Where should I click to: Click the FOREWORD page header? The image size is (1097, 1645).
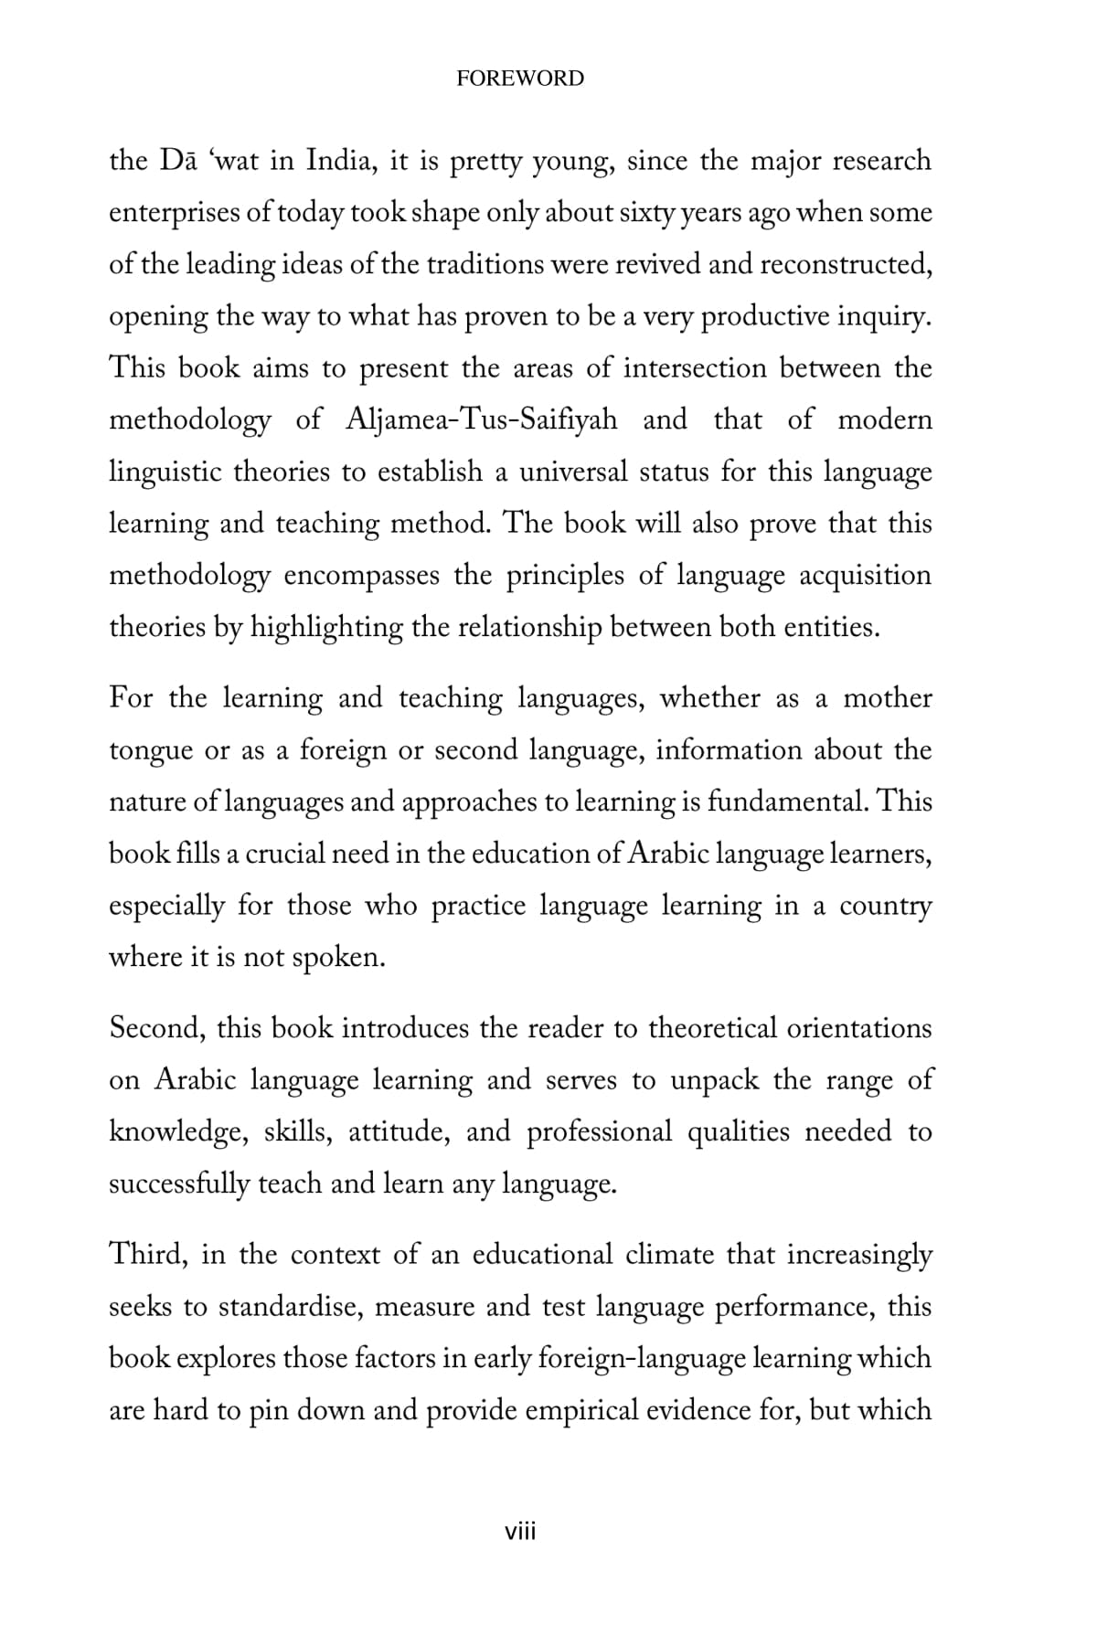click(519, 79)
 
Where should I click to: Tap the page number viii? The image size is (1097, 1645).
click(520, 1531)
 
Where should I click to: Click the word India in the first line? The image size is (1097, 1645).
click(336, 161)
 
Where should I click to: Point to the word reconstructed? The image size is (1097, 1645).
click(846, 264)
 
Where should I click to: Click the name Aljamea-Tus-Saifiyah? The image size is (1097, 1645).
click(482, 420)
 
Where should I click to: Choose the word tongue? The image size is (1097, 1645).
click(149, 751)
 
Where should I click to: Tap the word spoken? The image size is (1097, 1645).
click(339, 958)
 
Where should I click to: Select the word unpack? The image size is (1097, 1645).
click(715, 1080)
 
